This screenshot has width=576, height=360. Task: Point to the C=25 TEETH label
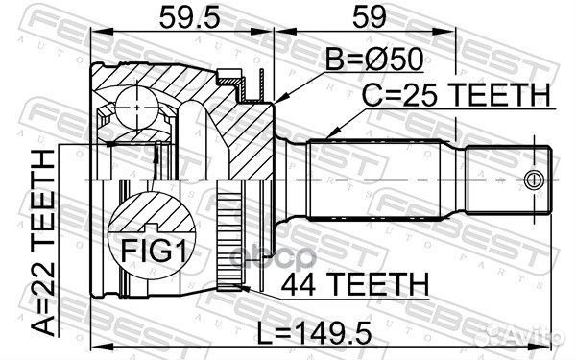coord(457,96)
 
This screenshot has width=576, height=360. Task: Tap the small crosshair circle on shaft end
coord(535,179)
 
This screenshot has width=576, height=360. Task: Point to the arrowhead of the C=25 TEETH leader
coord(327,135)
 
